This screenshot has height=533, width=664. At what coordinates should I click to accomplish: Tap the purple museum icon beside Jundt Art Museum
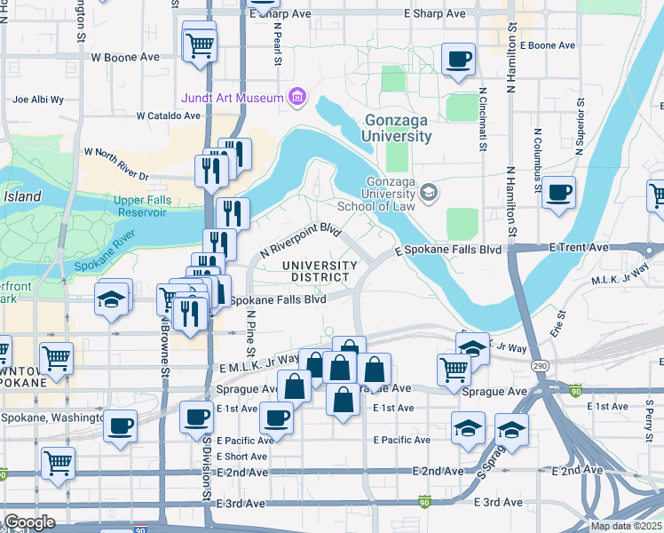pos(297,97)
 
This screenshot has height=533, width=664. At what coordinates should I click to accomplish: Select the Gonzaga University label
pos(397,129)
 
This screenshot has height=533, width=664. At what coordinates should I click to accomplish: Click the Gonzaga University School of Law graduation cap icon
pos(430,193)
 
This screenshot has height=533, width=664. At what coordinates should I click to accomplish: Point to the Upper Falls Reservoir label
pos(142,206)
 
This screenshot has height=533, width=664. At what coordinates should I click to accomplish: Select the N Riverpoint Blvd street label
pos(301,241)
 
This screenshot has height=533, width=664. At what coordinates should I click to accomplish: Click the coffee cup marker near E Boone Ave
pos(458,60)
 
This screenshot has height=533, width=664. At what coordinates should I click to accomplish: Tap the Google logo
pos(29,522)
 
